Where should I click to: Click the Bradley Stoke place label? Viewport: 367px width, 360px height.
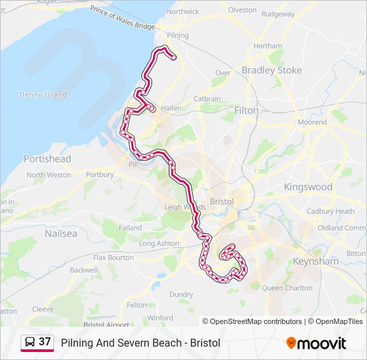coord(271,70)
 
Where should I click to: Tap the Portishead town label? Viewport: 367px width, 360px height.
coord(47,159)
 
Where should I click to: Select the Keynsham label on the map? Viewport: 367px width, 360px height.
coord(316,261)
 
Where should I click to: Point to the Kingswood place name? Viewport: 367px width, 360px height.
coord(308,187)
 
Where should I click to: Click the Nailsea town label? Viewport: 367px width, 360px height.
coord(61,234)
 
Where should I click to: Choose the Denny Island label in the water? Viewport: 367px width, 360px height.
coord(43,95)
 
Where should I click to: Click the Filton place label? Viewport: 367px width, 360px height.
coord(246,111)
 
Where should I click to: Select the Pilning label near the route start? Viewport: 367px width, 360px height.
coord(177,35)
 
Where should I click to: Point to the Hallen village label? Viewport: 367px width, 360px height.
coord(171,108)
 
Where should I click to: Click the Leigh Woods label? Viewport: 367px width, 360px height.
coord(181,207)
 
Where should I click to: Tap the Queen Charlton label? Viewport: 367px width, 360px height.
coord(287,288)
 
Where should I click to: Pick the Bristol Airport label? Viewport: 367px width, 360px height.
coord(107,325)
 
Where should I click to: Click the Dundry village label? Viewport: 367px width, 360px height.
coord(181,294)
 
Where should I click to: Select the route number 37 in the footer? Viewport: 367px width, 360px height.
coord(45,342)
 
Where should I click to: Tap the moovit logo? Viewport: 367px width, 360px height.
coord(316,343)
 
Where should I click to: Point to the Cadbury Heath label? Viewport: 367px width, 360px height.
coord(330,211)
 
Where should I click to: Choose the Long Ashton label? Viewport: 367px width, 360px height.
coord(159,243)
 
